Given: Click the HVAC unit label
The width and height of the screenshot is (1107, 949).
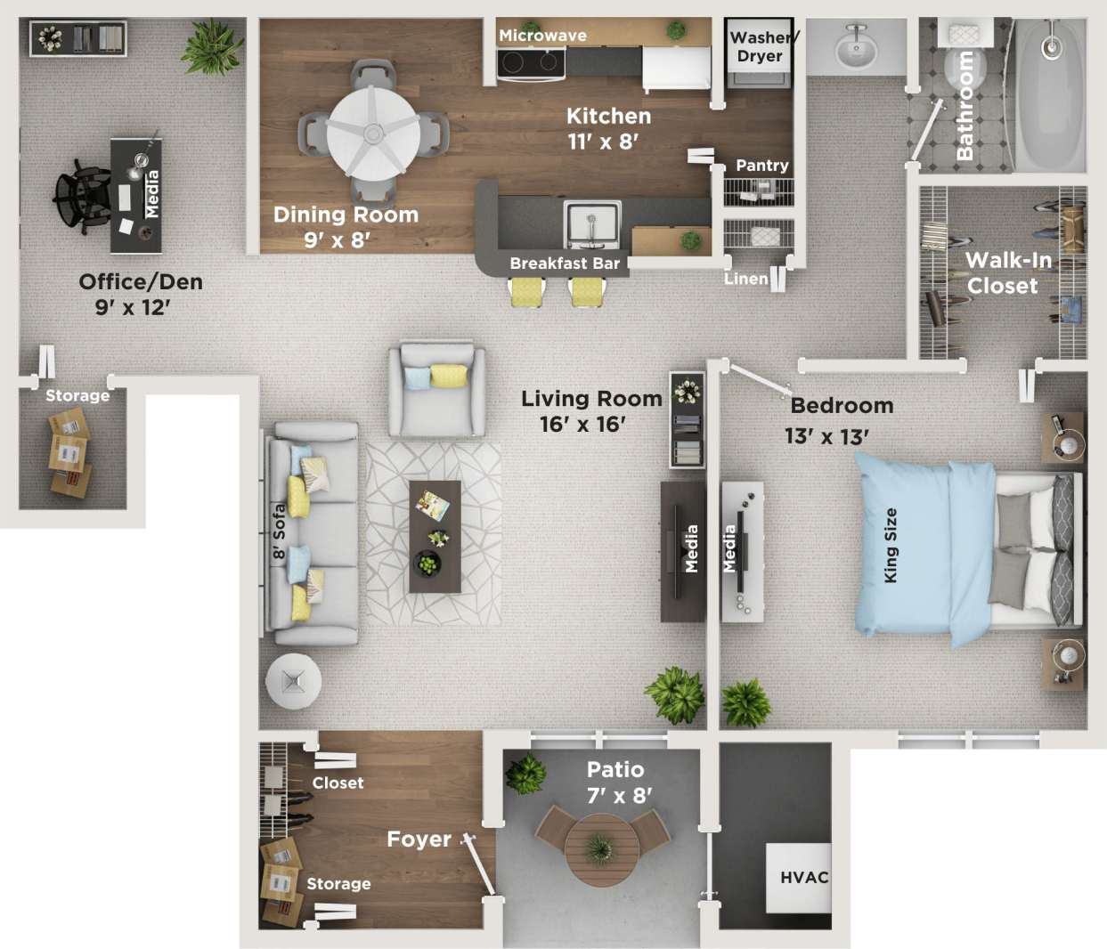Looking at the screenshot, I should (x=804, y=878).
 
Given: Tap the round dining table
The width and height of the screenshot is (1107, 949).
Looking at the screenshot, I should (x=373, y=134).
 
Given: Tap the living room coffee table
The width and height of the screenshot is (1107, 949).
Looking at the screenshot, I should (x=435, y=537).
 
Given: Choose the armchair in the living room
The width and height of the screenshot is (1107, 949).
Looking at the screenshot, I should (x=436, y=390).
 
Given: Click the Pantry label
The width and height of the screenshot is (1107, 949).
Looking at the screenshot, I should (x=762, y=166).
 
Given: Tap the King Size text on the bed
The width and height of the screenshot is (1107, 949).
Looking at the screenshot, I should (x=891, y=545).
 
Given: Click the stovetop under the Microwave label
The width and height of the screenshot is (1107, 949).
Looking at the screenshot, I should (x=531, y=63).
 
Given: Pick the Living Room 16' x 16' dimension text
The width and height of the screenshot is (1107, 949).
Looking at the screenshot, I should (x=590, y=411).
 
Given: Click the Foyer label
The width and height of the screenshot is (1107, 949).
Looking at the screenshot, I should (x=419, y=839).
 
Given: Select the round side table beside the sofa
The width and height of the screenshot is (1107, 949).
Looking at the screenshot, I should (x=293, y=681).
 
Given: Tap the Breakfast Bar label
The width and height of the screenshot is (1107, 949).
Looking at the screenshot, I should (x=564, y=264).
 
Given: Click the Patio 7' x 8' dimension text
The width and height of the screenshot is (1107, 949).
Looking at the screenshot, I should (x=616, y=782).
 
